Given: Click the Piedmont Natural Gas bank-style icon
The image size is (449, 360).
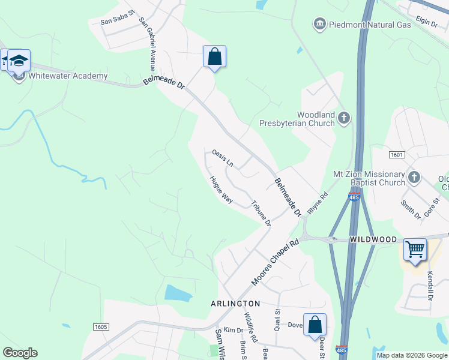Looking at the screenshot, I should pyautogui.click(x=319, y=24).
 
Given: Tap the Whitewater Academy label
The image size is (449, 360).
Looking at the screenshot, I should pyautogui.click(x=68, y=76).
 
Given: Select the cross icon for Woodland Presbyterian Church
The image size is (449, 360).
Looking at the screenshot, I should pyautogui.click(x=344, y=118).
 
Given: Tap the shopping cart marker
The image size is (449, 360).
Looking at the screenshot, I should pyautogui.click(x=415, y=250).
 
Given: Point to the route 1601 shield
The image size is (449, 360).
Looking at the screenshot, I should pyautogui.click(x=396, y=155).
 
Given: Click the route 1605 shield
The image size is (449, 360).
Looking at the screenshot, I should pyautogui.click(x=101, y=326).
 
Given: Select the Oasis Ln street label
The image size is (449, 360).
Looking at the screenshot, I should pyautogui.click(x=223, y=157).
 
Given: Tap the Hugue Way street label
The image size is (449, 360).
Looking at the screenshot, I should pyautogui.click(x=221, y=189).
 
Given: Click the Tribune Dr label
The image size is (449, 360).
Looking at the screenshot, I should pyautogui.click(x=261, y=213).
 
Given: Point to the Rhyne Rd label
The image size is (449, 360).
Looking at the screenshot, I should pyautogui.click(x=318, y=203).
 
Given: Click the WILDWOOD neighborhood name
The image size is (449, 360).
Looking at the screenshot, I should pyautogui.click(x=374, y=240).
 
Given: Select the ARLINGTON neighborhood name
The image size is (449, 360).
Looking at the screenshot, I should pyautogui.click(x=235, y=304).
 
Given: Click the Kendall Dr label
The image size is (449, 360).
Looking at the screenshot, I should pyautogui.click(x=430, y=285).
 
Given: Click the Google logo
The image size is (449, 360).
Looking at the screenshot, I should pyautogui.click(x=20, y=353).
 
